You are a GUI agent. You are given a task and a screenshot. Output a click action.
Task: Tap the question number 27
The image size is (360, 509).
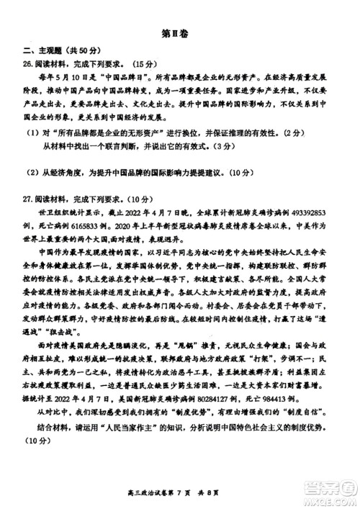(x=27, y=199)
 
